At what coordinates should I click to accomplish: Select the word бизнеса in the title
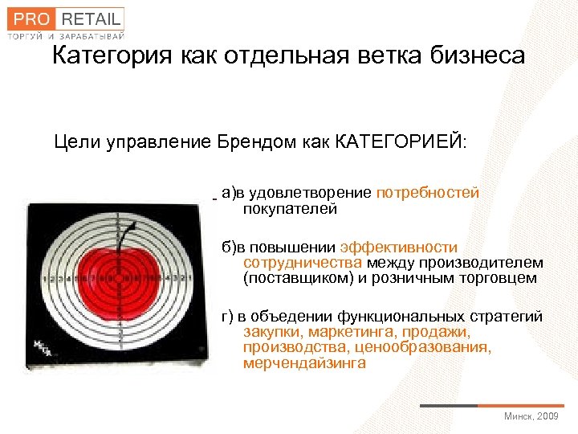[x=478, y=56]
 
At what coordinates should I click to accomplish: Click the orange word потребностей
[x=427, y=193]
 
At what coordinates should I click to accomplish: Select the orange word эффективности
[x=399, y=248]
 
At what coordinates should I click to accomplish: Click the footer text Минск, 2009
[x=531, y=416]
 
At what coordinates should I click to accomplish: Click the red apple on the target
[x=117, y=281]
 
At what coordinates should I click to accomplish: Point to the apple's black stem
[x=124, y=237]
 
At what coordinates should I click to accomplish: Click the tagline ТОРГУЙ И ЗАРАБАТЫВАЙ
[x=66, y=36]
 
